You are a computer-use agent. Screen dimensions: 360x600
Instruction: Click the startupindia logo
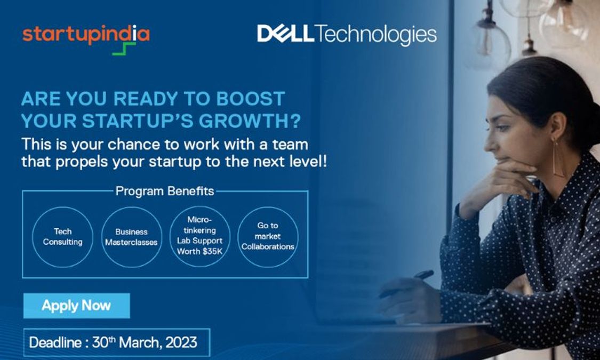point(86,35)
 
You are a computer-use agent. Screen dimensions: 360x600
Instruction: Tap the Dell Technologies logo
point(347,35)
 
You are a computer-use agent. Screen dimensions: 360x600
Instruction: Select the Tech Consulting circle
point(62,237)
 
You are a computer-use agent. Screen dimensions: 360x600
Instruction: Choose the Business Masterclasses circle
point(131,237)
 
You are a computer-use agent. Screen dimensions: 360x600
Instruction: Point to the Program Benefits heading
point(165,191)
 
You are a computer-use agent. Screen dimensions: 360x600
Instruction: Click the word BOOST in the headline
point(251,99)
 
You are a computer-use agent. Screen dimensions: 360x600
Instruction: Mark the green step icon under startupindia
point(124,49)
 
